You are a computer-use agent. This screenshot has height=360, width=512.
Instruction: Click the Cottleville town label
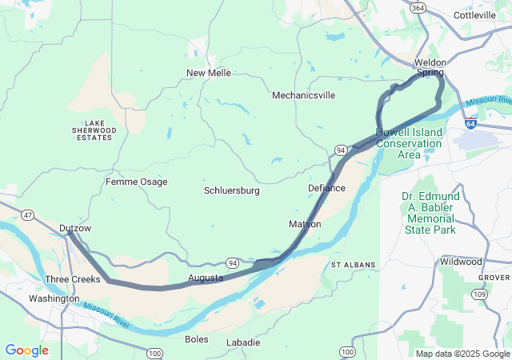point(475,15)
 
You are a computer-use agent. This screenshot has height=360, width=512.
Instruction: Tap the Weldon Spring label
point(429,67)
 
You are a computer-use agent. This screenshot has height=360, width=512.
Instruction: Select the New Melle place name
point(209,73)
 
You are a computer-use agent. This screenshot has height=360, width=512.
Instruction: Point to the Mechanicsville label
point(303,95)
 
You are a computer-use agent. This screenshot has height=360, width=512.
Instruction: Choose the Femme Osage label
point(137,182)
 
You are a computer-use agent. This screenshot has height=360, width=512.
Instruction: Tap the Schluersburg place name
point(232,190)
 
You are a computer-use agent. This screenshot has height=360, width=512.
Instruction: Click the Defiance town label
point(326,188)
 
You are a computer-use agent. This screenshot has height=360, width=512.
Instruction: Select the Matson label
point(305,224)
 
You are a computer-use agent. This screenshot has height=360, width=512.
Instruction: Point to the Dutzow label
point(75,228)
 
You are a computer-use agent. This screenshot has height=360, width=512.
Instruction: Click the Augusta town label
point(206,278)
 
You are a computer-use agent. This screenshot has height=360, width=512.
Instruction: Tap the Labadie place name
point(243,342)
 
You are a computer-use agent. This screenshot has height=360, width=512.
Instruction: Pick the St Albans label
point(351,264)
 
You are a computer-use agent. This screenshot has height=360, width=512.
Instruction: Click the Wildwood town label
point(461,262)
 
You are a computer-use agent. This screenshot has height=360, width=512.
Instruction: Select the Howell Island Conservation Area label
point(409,143)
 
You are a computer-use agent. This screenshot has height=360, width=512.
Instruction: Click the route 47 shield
point(28,215)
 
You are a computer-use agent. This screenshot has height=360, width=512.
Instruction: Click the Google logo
point(26,350)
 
